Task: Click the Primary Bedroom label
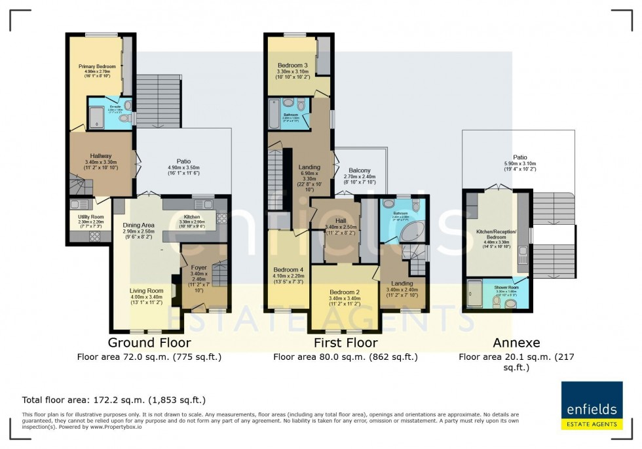click(97, 66)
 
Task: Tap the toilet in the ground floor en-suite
click(128, 106)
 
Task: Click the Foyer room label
click(198, 267)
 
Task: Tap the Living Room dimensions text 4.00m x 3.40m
click(147, 297)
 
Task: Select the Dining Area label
click(138, 225)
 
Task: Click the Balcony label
click(359, 170)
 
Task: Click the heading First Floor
click(345, 342)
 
